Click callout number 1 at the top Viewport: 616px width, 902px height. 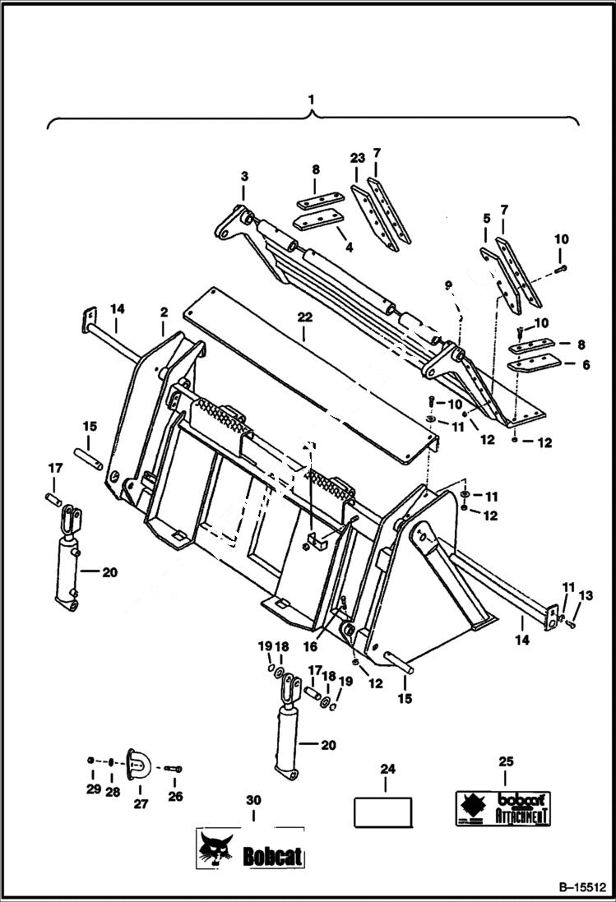click(312, 99)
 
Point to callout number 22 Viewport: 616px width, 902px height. click(304, 335)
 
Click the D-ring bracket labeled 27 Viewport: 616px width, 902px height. click(137, 765)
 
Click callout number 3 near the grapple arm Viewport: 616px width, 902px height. click(243, 176)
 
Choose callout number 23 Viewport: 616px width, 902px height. click(356, 156)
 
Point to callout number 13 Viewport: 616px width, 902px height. click(586, 595)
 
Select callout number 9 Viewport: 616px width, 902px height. click(448, 284)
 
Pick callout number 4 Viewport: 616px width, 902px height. click(349, 246)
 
